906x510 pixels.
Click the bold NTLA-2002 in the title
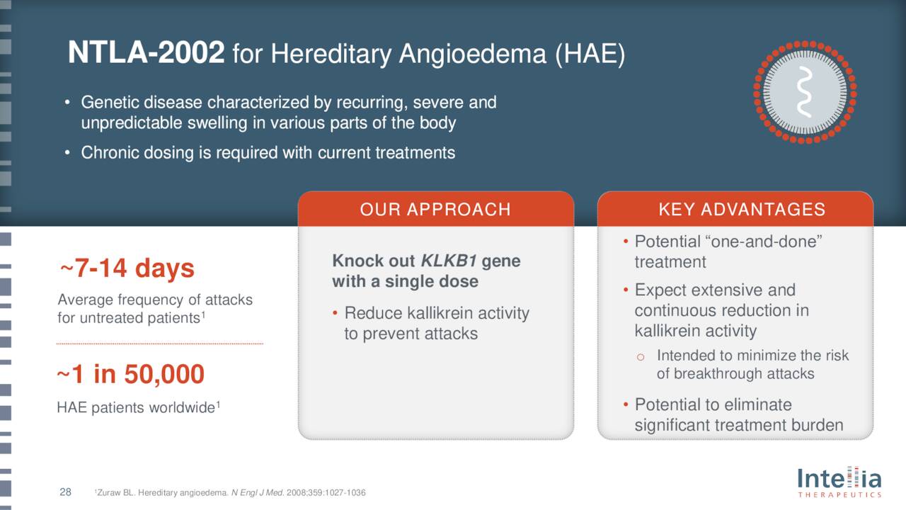(146, 53)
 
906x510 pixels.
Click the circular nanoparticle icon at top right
(805, 91)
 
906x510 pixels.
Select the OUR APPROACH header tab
(435, 209)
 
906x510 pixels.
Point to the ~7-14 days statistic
(127, 269)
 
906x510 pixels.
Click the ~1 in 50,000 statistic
(130, 374)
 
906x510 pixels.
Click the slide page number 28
(65, 492)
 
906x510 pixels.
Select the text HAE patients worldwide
(136, 408)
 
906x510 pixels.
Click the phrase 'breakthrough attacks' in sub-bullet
(735, 374)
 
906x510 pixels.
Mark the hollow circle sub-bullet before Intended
(641, 357)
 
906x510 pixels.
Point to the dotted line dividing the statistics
(160, 344)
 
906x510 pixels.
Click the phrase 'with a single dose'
(405, 281)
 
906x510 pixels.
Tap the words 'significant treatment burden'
(738, 425)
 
